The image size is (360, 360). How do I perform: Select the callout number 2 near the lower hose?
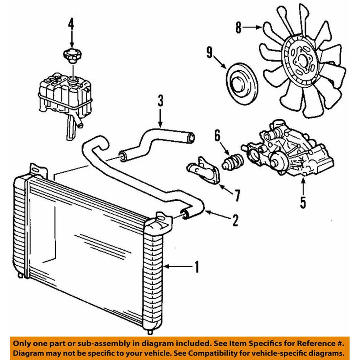click(x=234, y=220)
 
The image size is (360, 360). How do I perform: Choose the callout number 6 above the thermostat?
click(x=217, y=135)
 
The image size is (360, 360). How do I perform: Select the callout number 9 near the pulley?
click(x=209, y=52)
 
